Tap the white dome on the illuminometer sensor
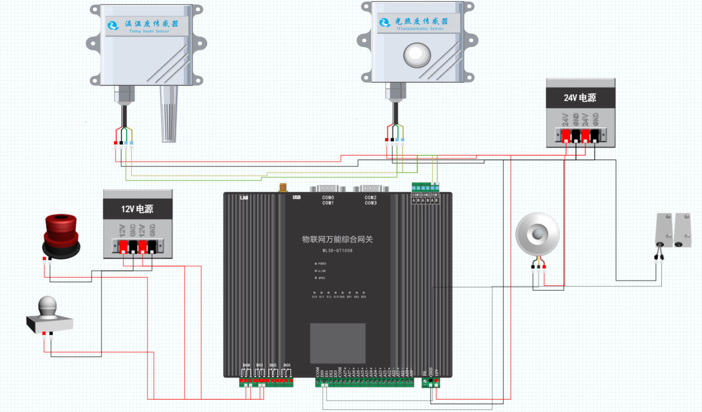pos(418,54)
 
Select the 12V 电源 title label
pos(138,209)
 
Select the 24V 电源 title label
pos(580,98)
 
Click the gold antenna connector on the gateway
pos(283,188)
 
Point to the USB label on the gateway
pos(297,198)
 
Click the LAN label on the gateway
pos(244,198)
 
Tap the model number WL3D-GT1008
pos(338,250)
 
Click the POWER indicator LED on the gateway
pos(316,264)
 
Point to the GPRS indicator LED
pos(316,278)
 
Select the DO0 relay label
pos(247,365)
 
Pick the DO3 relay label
pos(286,365)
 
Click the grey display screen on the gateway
pos(338,343)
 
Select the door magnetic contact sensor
pos(673,229)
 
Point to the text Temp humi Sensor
pos(150,31)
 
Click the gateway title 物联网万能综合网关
pos(338,239)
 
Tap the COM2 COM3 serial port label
pos(371,200)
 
